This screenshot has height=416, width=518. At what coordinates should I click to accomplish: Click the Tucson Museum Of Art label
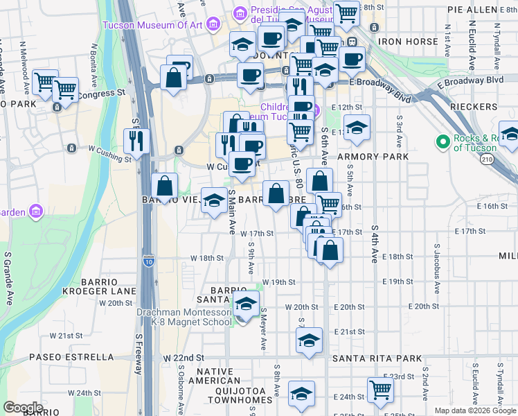(152, 26)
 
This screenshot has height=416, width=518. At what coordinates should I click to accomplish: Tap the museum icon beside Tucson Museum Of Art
(211, 26)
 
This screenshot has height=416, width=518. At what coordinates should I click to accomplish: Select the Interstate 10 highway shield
(149, 261)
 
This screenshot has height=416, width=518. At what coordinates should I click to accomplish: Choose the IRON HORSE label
(408, 42)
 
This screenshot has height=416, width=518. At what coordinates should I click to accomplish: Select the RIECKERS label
(474, 107)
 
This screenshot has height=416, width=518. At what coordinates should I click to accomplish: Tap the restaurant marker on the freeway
(136, 141)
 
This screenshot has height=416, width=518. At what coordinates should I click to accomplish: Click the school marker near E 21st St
(309, 340)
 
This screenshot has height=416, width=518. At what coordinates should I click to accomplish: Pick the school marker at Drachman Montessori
(245, 303)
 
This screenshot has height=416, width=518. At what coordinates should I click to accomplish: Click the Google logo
(24, 408)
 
